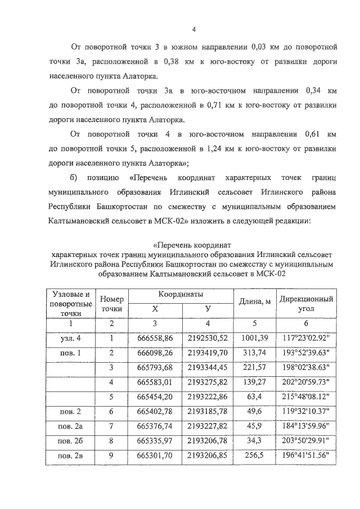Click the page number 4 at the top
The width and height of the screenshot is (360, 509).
193,30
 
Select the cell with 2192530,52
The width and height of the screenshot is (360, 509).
208,338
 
